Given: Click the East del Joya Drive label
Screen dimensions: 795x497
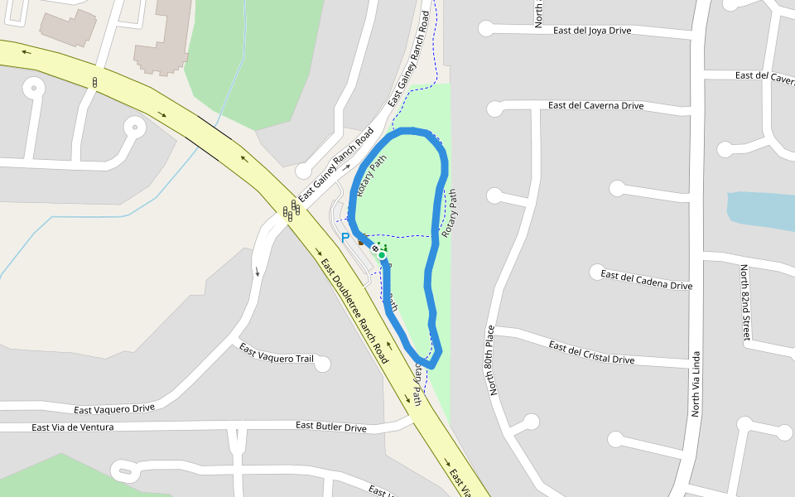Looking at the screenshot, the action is point(591,31).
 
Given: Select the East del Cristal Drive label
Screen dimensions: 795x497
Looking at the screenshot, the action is point(591,353).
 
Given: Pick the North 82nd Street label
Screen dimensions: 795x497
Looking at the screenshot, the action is point(745,303).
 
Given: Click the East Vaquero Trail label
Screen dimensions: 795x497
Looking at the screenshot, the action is point(277,353).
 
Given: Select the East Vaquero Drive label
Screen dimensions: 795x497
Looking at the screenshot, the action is point(114,409).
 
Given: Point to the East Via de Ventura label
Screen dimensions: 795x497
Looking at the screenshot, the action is point(72,427).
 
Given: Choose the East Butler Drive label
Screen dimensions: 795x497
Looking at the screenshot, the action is point(331,427).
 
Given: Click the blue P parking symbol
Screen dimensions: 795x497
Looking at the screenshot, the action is point(345,238).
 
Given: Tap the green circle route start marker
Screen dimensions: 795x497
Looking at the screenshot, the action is point(382,256).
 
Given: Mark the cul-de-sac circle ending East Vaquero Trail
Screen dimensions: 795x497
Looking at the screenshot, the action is point(322,363).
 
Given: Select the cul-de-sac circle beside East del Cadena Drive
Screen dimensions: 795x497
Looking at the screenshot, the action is point(596,273).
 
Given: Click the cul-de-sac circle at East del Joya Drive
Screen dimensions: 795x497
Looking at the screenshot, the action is point(485,29).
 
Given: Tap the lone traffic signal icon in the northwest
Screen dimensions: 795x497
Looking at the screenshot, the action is point(95,82).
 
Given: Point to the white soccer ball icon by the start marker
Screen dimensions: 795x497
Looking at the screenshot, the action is point(375,248).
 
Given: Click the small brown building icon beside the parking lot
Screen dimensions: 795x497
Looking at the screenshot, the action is point(360,243).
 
